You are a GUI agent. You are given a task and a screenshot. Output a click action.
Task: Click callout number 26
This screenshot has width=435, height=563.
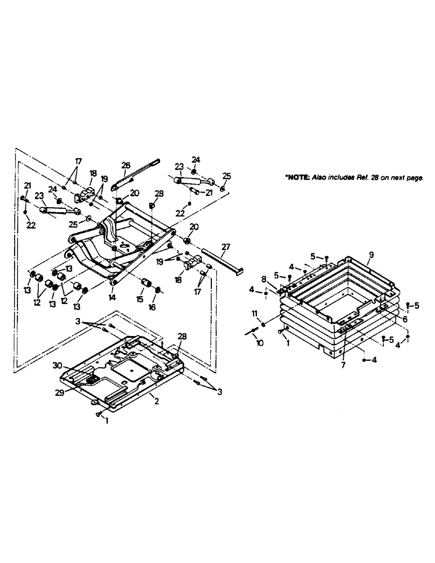coord(126,165)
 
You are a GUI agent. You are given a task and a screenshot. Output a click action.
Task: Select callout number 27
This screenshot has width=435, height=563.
coord(226,246)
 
